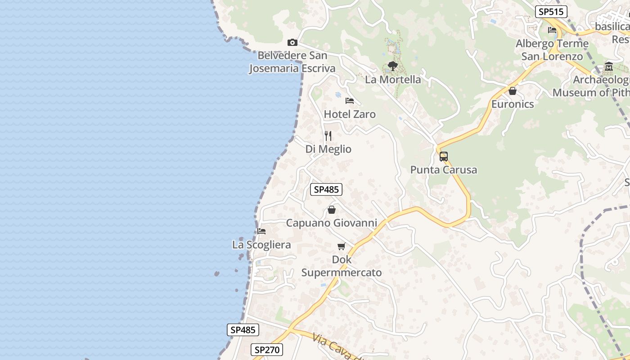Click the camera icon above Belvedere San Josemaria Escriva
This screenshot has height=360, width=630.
pyautogui.click(x=292, y=42)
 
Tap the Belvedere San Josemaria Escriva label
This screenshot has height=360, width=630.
pyautogui.click(x=292, y=62)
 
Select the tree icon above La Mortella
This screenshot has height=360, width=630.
pyautogui.click(x=393, y=66)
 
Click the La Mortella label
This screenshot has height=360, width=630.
pyautogui.click(x=393, y=80)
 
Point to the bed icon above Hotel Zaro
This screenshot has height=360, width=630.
pyautogui.click(x=350, y=100)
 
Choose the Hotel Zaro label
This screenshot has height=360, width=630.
pyautogui.click(x=350, y=114)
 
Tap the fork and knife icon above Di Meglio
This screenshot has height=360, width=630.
pyautogui.click(x=328, y=135)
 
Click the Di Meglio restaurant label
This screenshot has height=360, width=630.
pyautogui.click(x=328, y=149)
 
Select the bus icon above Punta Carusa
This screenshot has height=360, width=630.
pyautogui.click(x=444, y=157)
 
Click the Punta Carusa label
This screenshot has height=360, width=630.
pyautogui.click(x=444, y=170)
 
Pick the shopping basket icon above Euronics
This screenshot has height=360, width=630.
pyautogui.click(x=513, y=91)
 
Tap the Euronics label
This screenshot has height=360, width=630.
pyautogui.click(x=513, y=104)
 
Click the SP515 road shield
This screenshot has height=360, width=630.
pyautogui.click(x=551, y=12)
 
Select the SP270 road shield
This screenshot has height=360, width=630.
pyautogui.click(x=267, y=350)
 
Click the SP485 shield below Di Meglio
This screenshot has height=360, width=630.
pyautogui.click(x=326, y=189)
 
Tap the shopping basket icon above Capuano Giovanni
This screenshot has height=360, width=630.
pyautogui.click(x=332, y=210)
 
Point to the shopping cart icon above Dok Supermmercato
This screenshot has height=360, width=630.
pyautogui.click(x=342, y=246)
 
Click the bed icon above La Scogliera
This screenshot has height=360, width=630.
pyautogui.click(x=261, y=231)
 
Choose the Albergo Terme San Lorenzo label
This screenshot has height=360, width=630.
pyautogui.click(x=552, y=50)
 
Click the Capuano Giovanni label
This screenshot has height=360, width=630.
pyautogui.click(x=332, y=223)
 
